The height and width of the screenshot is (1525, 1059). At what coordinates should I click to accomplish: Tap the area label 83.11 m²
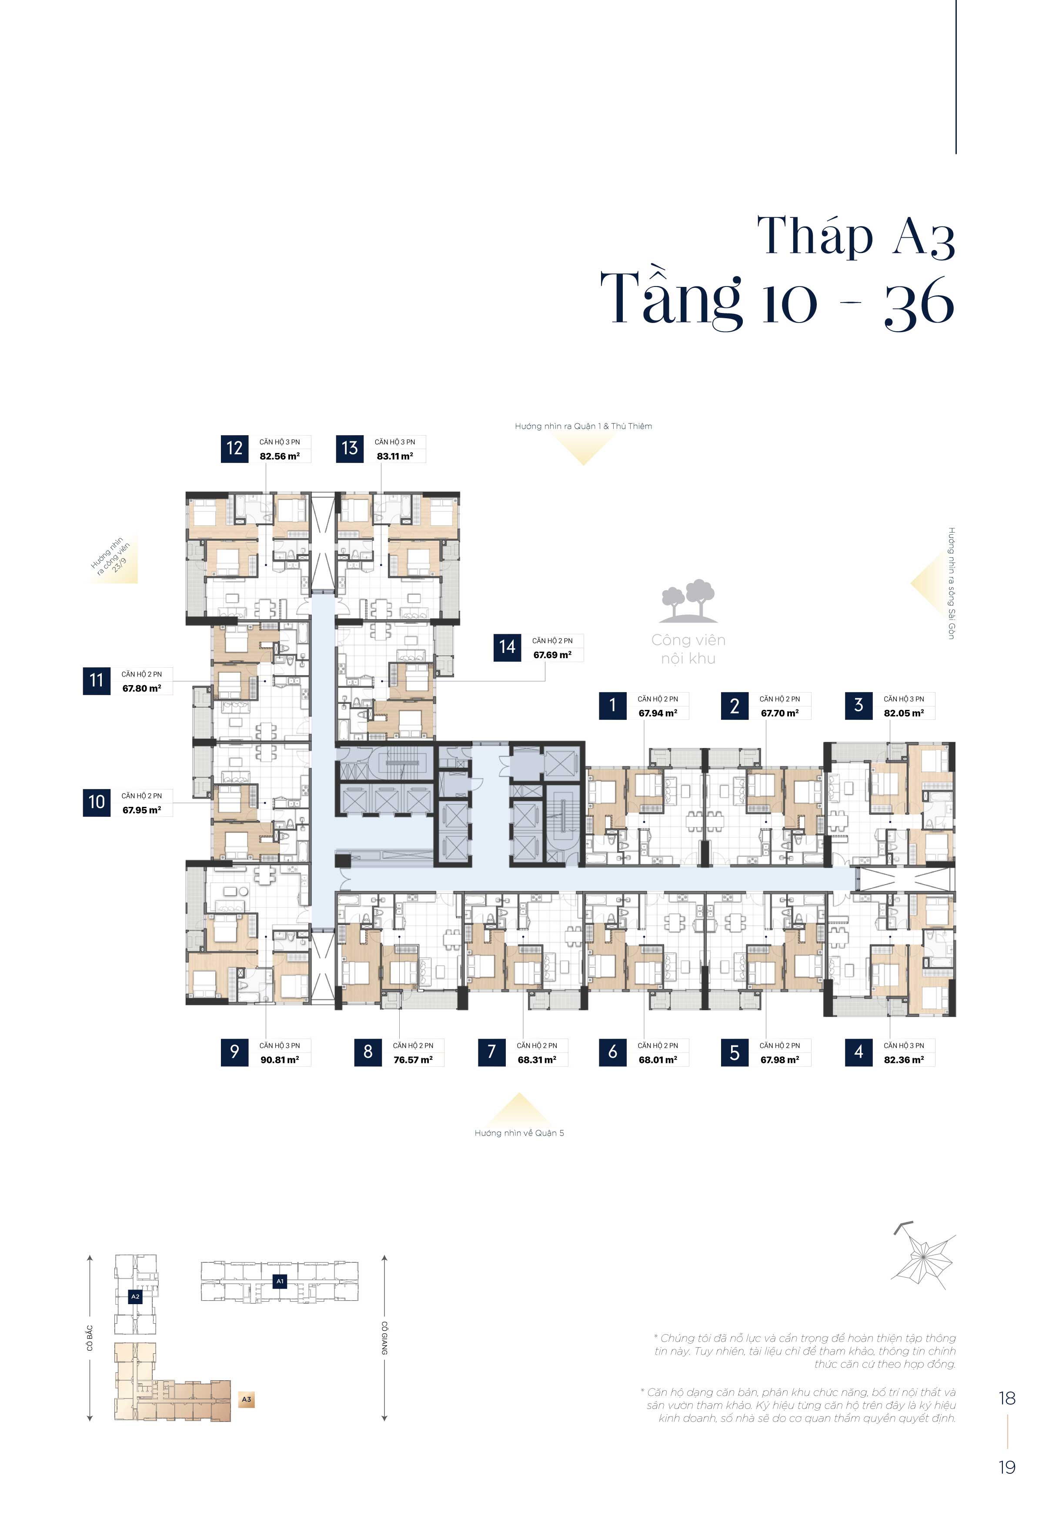point(395,456)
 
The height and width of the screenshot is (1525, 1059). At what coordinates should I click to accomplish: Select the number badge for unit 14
point(507,647)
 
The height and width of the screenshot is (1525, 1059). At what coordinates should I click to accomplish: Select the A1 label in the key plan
point(280,1281)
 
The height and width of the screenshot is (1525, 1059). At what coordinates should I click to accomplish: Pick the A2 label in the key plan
point(135,1296)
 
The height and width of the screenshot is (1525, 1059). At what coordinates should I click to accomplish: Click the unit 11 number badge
point(97,680)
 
